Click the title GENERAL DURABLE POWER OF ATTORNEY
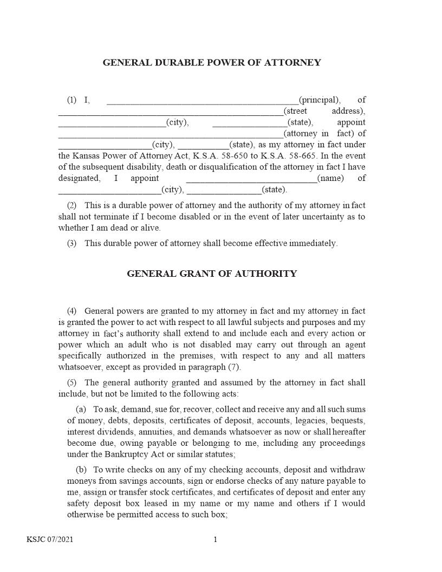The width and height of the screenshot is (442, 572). [212, 63]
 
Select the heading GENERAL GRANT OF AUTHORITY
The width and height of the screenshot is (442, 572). [212, 274]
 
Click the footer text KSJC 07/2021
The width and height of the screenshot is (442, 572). [50, 539]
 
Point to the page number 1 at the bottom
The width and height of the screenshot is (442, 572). [215, 539]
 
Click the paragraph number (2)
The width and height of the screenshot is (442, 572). [71, 206]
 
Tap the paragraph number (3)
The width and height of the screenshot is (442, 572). [71, 244]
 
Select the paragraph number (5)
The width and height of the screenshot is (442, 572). [71, 383]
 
